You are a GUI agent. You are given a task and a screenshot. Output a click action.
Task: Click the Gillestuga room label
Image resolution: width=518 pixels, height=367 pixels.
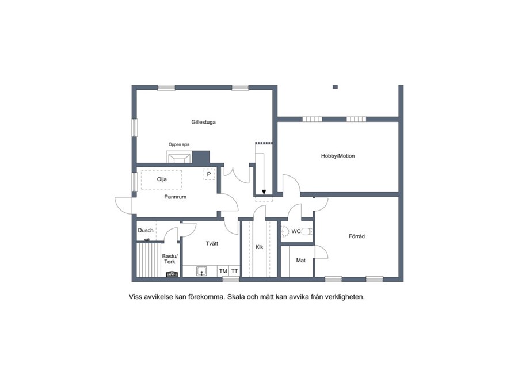(204, 122)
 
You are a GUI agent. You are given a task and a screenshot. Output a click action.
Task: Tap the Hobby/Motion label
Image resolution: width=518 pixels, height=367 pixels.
(338, 156)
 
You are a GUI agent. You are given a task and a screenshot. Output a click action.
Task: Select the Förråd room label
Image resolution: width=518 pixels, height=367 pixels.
(357, 236)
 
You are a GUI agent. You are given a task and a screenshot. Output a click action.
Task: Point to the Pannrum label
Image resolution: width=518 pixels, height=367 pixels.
(175, 197)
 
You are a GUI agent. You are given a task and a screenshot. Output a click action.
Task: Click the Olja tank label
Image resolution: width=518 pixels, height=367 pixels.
(162, 179)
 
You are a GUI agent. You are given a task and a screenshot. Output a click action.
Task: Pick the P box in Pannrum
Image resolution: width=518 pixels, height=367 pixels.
(209, 174)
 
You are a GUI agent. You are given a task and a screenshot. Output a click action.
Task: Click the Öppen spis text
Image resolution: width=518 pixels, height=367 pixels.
(179, 144)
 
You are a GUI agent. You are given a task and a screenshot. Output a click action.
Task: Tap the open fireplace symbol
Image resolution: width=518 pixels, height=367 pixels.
(179, 157)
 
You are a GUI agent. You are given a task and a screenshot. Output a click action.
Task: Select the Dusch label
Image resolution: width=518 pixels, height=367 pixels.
(146, 230)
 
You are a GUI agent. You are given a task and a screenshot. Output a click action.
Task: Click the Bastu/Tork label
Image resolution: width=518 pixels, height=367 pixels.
(170, 259)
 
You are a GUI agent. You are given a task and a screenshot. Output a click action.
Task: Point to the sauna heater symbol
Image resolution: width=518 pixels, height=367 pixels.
(172, 274)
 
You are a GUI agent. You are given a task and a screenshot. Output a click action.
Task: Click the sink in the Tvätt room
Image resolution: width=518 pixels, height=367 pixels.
(201, 272)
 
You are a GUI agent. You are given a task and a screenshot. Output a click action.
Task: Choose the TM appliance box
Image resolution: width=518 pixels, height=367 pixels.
(223, 272)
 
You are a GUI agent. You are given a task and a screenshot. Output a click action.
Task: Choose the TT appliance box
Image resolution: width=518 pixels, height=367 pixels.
(234, 272)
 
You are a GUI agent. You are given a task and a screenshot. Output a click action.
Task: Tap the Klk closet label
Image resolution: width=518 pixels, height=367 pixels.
(260, 247)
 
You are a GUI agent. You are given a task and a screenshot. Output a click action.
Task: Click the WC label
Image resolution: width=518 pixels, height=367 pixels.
(296, 231)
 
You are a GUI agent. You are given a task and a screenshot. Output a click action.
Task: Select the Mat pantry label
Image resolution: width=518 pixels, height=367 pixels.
(300, 261)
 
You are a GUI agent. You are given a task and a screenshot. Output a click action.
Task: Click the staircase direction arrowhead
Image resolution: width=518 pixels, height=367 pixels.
(264, 192)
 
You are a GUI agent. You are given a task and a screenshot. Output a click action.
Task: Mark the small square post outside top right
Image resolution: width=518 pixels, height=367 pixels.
(335, 87)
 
